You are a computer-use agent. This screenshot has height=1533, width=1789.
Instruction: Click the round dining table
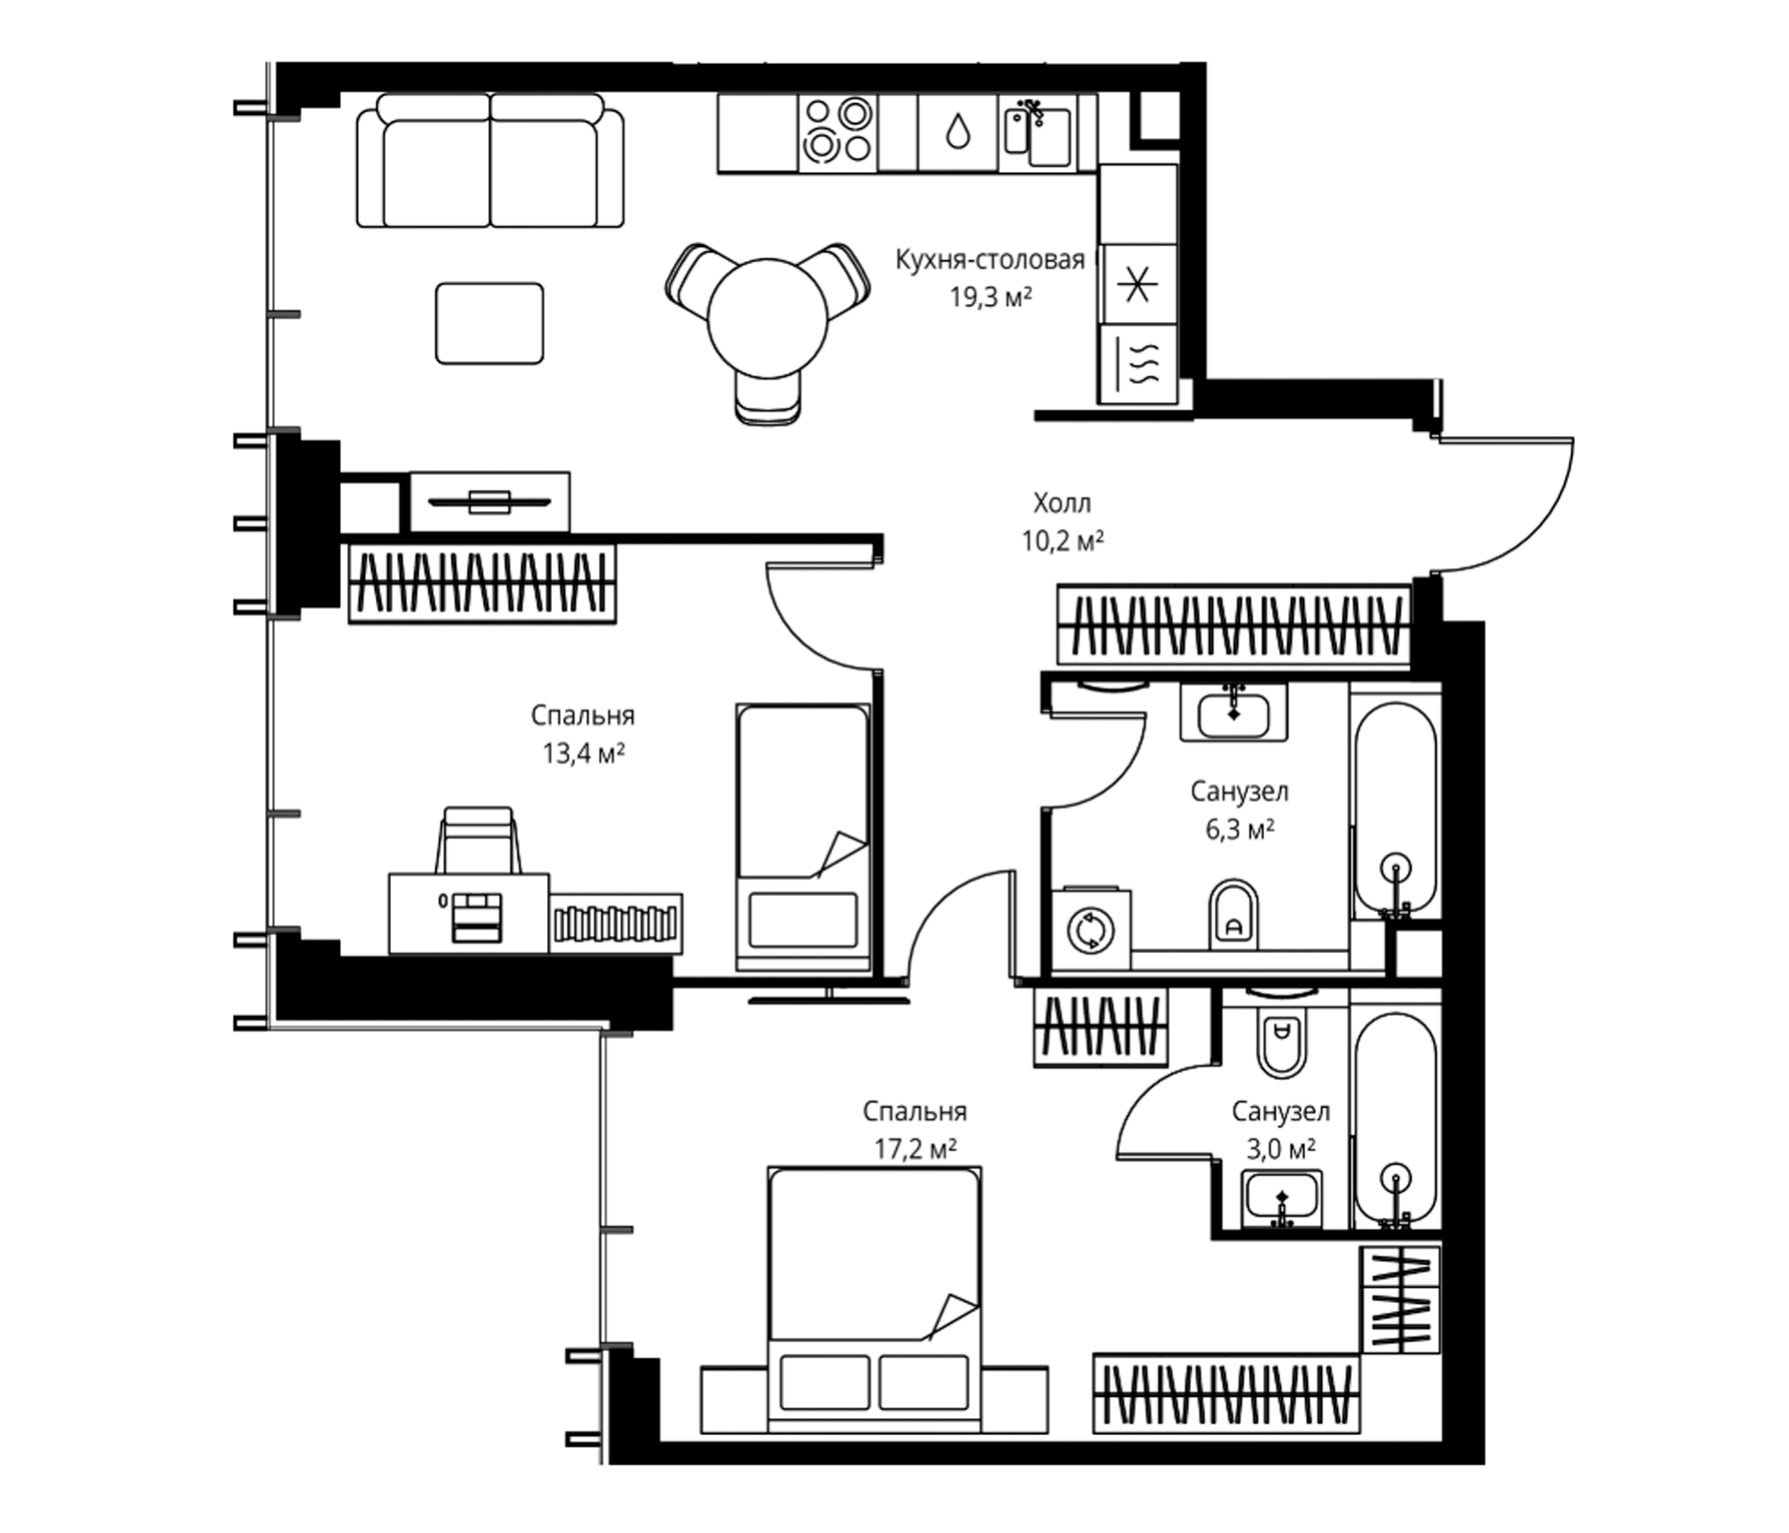coord(767,319)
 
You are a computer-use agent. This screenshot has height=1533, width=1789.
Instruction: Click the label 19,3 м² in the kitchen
coord(992,298)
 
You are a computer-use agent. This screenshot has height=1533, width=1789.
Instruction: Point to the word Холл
coord(1063,502)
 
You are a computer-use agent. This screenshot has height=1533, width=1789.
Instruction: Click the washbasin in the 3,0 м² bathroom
coord(1282,1199)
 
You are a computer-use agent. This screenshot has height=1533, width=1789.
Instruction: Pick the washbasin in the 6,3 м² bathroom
coord(1234,711)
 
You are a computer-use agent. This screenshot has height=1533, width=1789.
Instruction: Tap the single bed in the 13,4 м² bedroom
coord(803,837)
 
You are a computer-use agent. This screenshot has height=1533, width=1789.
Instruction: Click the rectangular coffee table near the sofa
coord(490,324)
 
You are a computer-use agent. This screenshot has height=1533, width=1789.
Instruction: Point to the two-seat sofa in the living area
coord(491,162)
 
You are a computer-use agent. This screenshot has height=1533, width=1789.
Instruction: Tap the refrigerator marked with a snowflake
coord(1138,284)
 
